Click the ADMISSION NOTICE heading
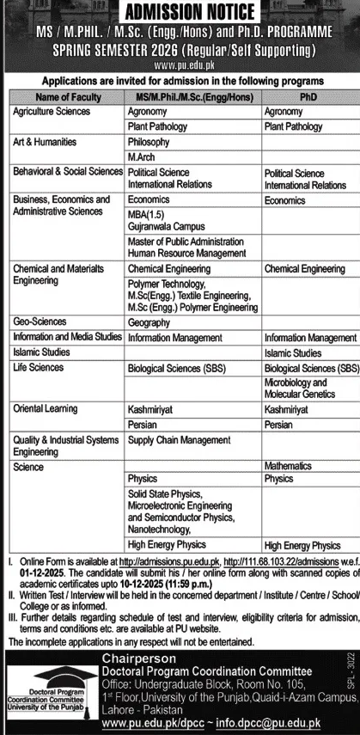[179, 12]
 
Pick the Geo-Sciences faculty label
[40, 321]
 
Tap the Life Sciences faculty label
[39, 367]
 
